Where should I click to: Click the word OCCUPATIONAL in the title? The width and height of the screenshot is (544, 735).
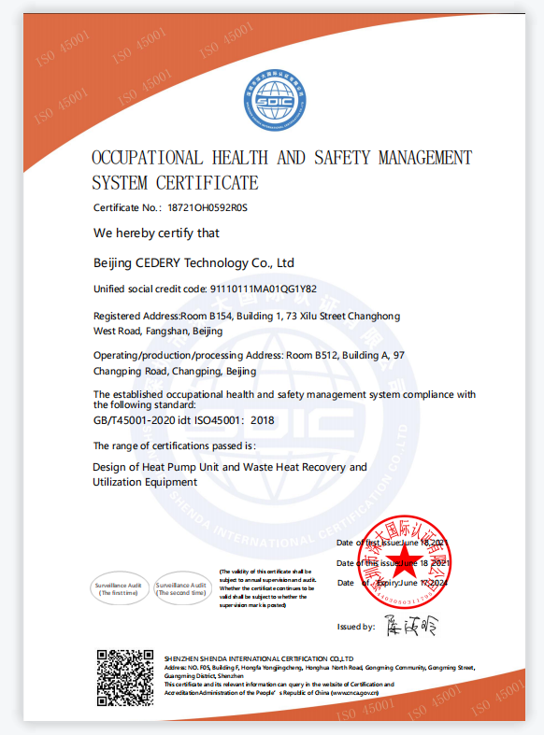(x=154, y=157)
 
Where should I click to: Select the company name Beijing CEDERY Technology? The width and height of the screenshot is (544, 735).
(x=193, y=263)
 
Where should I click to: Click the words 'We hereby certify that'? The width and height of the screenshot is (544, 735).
(x=156, y=233)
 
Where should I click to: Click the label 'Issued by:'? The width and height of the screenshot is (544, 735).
(x=356, y=627)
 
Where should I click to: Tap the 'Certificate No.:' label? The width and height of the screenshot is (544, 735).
(x=127, y=207)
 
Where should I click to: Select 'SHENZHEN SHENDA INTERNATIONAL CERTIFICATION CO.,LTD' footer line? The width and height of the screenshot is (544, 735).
(x=258, y=658)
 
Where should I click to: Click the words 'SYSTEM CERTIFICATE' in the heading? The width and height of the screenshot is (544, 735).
(x=175, y=182)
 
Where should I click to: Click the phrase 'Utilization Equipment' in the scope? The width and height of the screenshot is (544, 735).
(x=145, y=482)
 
